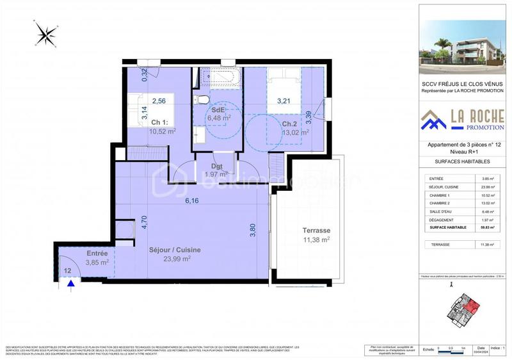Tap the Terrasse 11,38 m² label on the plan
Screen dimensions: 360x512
pos(316,235)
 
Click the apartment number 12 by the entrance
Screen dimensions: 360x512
pos(67,271)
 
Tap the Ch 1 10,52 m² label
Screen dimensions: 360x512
pos(162,126)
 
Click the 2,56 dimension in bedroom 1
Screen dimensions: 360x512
pos(159,100)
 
